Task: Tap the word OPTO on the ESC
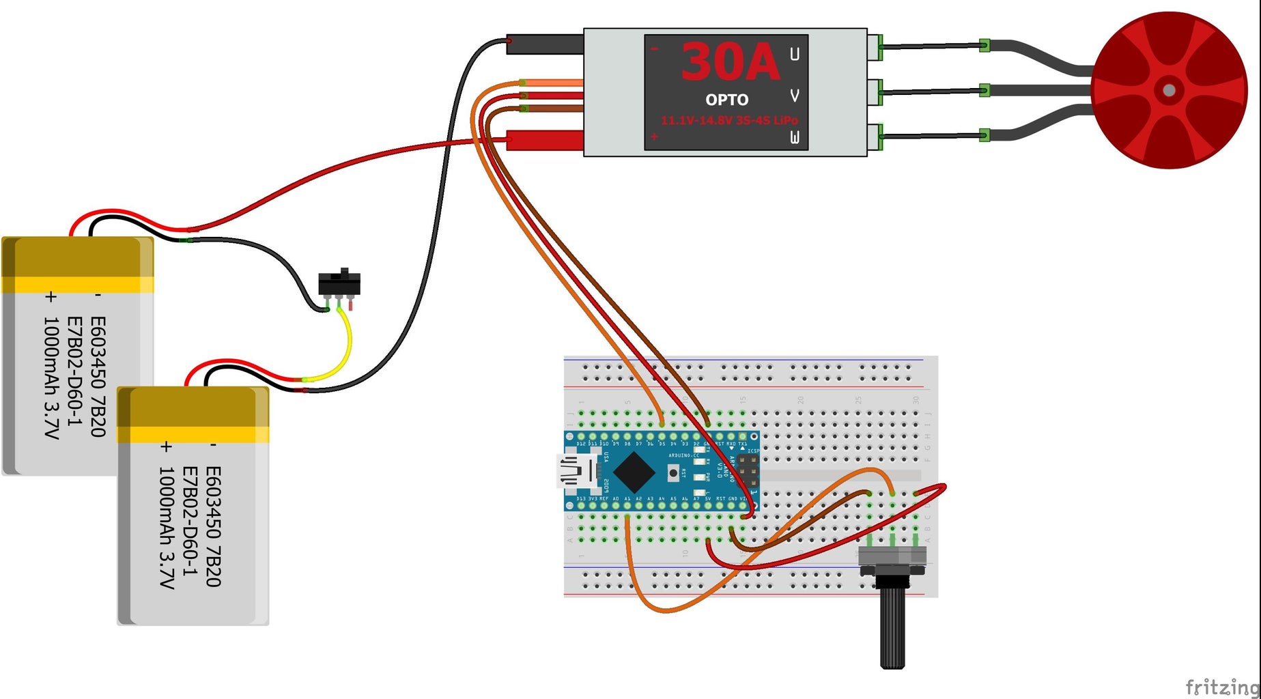tap(726, 100)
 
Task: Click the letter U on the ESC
tap(794, 55)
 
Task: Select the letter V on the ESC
tap(794, 96)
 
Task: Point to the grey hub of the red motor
tap(1169, 90)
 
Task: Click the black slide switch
tap(339, 283)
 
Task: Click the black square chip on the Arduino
tap(634, 472)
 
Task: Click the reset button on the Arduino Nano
tap(674, 472)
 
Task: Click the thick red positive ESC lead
tap(546, 140)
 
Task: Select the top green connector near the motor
tap(984, 46)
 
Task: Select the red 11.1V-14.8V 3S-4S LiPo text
tap(728, 120)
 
